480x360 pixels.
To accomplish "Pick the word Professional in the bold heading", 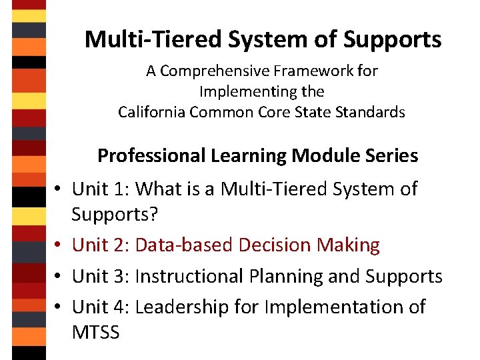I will pos(152,156).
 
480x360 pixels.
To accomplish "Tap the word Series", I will pos(392,156).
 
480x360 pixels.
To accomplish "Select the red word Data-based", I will pos(177,245).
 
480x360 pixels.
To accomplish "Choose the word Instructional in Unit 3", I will pos(195,276).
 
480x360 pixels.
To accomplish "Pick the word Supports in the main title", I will pos(392,39).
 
